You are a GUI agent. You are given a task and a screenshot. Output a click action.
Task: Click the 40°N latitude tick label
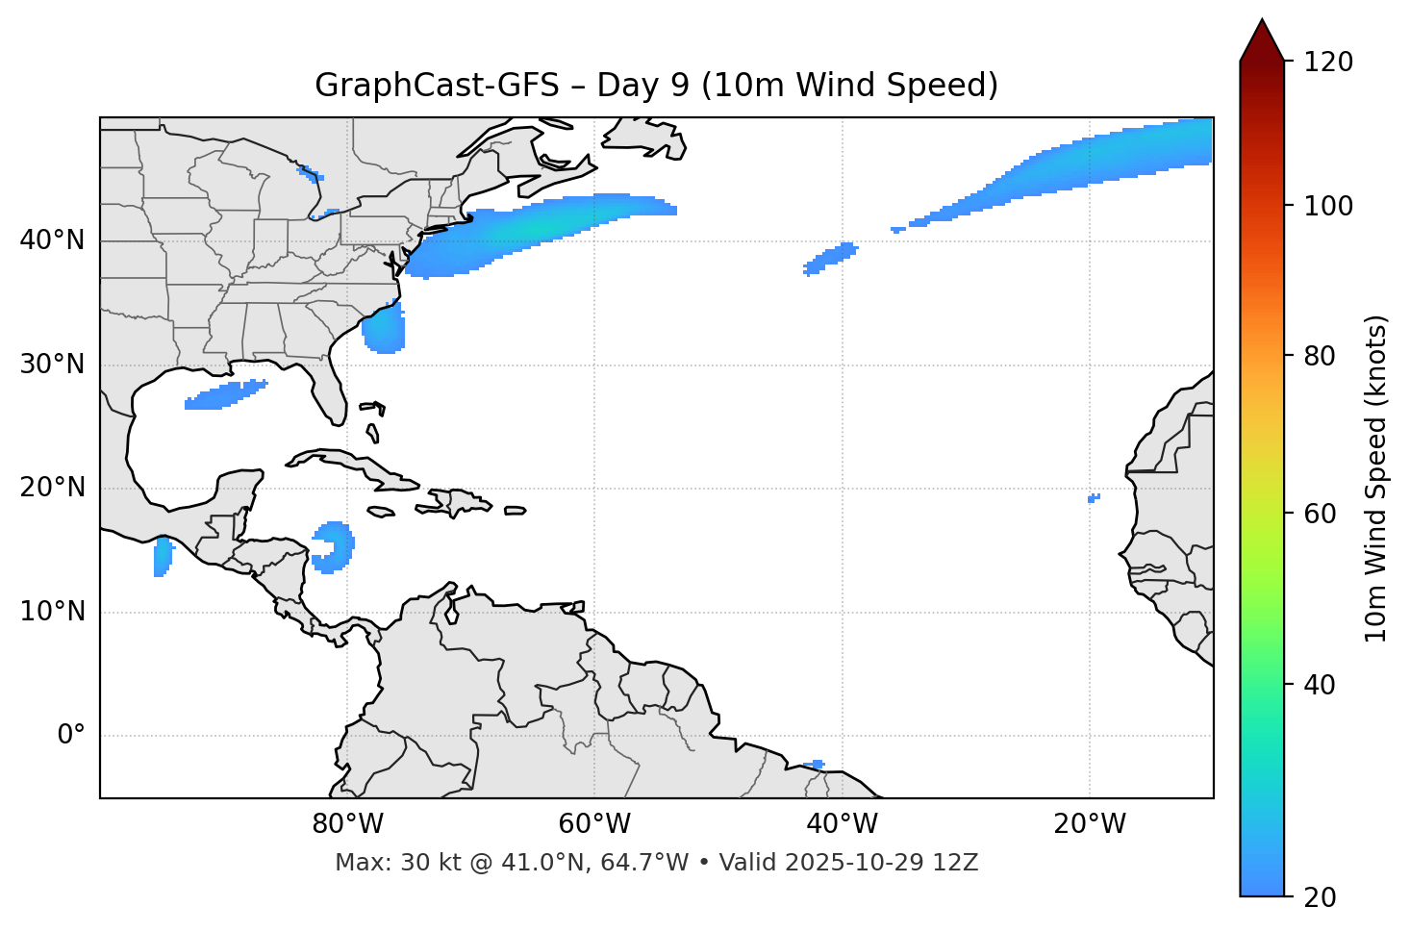pyautogui.click(x=52, y=240)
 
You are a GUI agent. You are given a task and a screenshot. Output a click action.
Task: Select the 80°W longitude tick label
pyautogui.click(x=347, y=824)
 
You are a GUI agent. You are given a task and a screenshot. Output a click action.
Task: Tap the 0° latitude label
pyautogui.click(x=71, y=736)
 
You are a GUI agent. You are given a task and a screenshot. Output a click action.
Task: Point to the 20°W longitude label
pyautogui.click(x=1090, y=824)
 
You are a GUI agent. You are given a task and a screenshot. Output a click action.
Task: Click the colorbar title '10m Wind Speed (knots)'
pyautogui.click(x=1376, y=479)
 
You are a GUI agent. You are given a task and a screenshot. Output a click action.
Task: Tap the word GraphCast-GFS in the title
pyautogui.click(x=437, y=86)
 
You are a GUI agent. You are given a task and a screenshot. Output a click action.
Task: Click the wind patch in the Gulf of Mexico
pyautogui.click(x=223, y=395)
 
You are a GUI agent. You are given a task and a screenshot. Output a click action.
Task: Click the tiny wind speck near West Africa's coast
pyautogui.click(x=1093, y=498)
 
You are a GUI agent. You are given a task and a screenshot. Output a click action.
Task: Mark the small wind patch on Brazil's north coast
pyautogui.click(x=815, y=765)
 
